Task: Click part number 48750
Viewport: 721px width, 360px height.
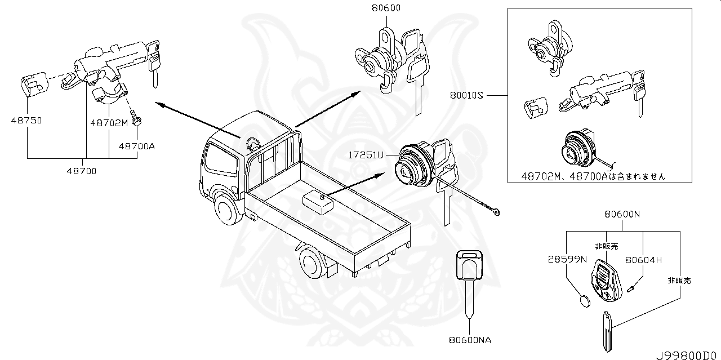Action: (27, 120)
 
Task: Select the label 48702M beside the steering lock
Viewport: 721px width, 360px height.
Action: (109, 122)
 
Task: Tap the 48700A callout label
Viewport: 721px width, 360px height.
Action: (136, 146)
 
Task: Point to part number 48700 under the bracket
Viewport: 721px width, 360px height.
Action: (82, 171)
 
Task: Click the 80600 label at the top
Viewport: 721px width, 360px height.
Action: (387, 8)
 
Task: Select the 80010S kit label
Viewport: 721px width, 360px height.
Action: (467, 96)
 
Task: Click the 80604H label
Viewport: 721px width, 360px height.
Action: (643, 259)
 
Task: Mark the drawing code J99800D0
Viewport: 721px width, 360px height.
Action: (687, 355)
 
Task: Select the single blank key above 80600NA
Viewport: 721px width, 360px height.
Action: (469, 276)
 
